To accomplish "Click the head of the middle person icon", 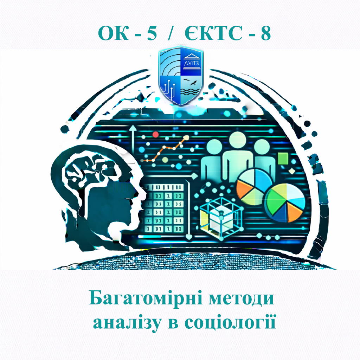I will [x=238, y=141].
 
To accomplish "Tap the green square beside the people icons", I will [x=283, y=159].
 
